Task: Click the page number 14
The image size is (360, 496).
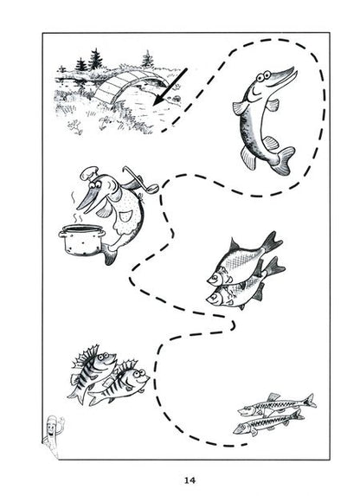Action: click(190, 480)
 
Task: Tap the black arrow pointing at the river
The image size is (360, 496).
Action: click(170, 87)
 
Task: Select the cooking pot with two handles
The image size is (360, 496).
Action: click(81, 240)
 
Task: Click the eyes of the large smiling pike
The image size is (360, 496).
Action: click(263, 76)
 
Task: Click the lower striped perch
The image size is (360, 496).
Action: click(119, 384)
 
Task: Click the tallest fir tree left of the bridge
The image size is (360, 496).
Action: click(95, 59)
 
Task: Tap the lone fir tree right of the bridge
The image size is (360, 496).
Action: click(147, 59)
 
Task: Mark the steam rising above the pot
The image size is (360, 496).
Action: click(76, 209)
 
